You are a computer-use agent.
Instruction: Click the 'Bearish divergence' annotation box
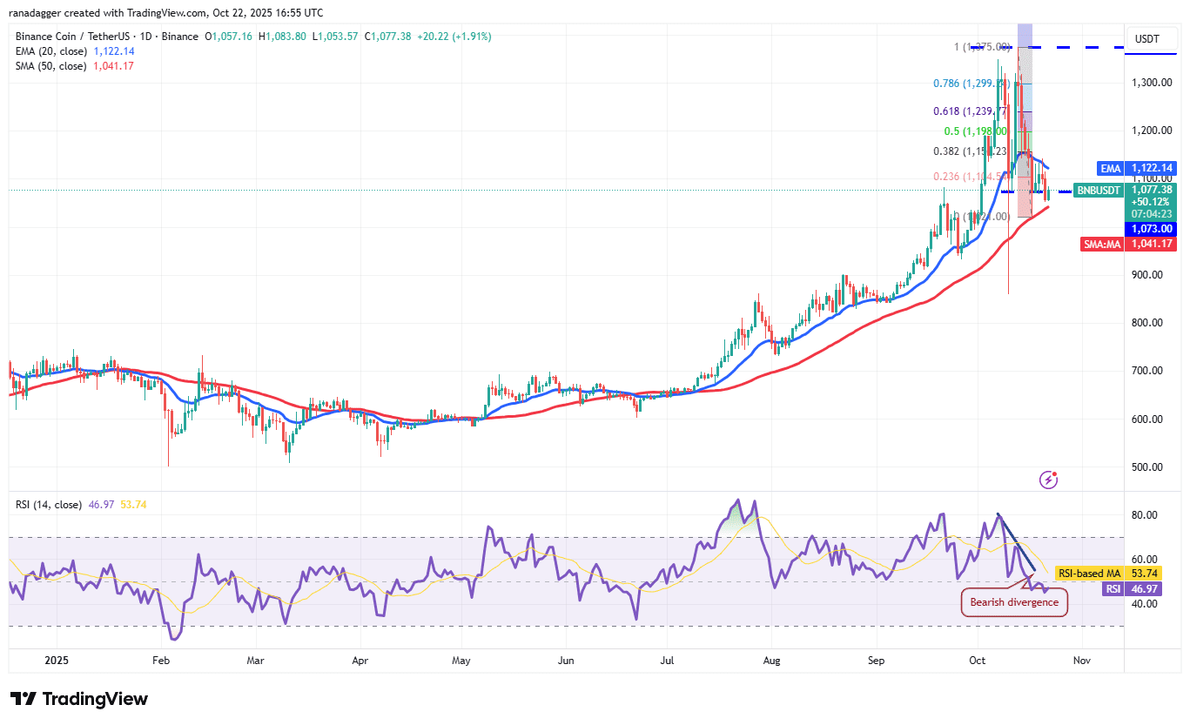[1014, 602]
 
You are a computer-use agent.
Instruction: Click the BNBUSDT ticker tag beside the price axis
[1098, 190]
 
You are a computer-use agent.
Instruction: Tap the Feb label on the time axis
[160, 661]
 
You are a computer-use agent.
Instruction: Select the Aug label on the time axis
[770, 661]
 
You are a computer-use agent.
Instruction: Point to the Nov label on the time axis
[1081, 661]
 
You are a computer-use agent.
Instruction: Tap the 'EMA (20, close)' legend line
[50, 51]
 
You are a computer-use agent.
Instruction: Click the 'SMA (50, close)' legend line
[50, 66]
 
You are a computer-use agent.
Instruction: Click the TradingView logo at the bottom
[79, 699]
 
